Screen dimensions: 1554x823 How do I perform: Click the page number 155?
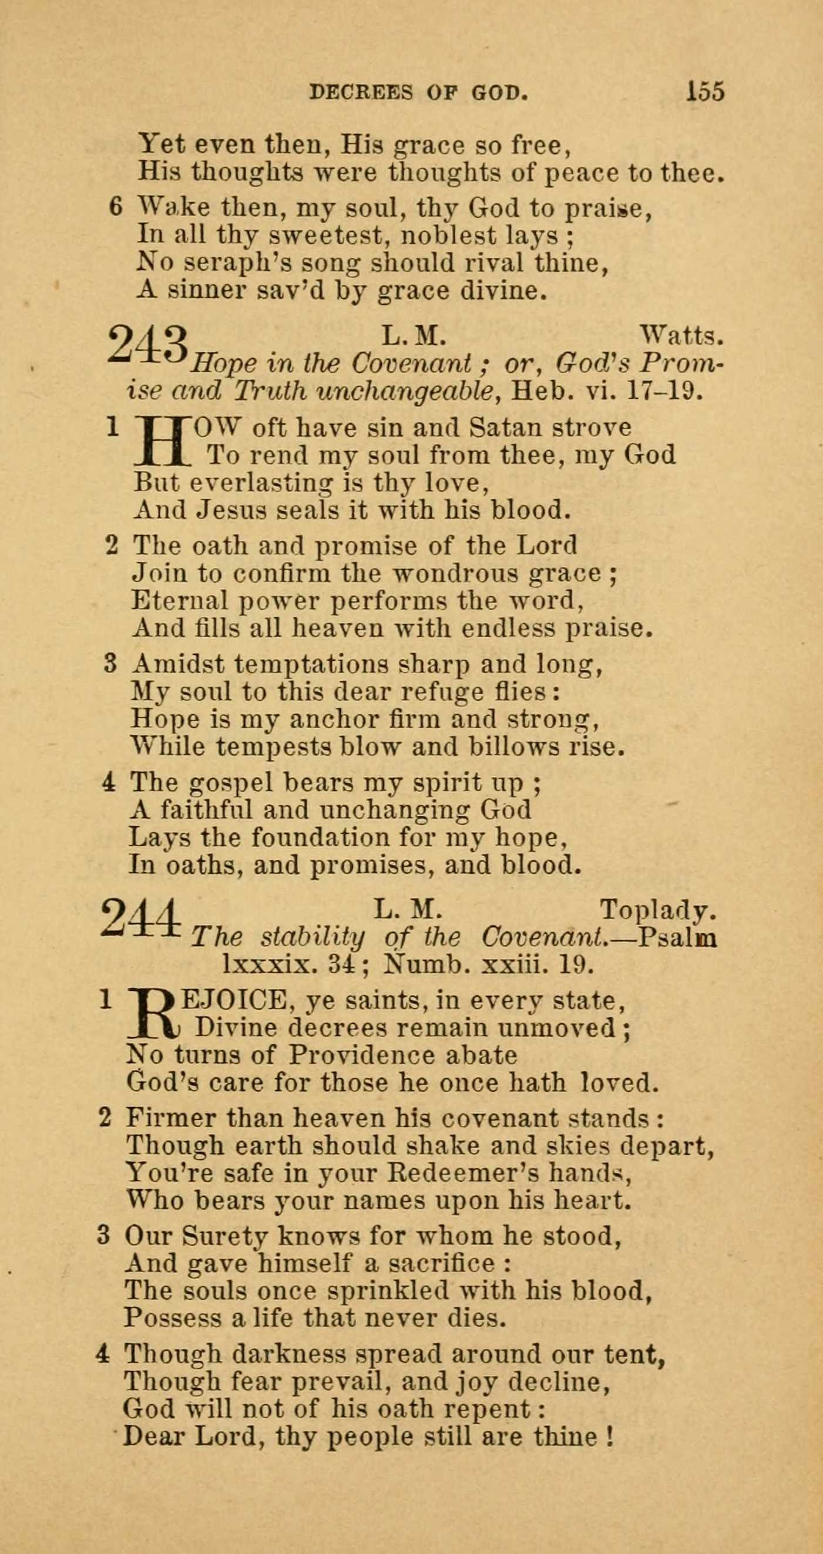pos(705,92)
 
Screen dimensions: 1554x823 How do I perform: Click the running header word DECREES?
pos(360,92)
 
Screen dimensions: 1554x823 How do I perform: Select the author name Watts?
pos(681,335)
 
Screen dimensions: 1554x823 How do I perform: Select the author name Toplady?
pos(658,911)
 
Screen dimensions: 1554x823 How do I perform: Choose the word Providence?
pos(361,1055)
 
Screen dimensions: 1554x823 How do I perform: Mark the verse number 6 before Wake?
pos(116,207)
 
